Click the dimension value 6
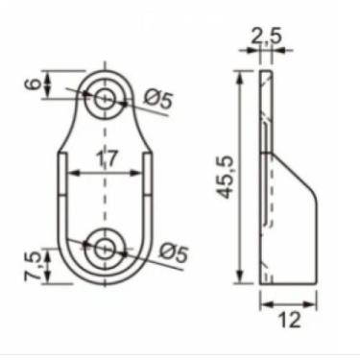pos(33,84)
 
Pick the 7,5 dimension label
pos(34,266)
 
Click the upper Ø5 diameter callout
pos(156,99)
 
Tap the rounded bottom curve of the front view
pos(106,281)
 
